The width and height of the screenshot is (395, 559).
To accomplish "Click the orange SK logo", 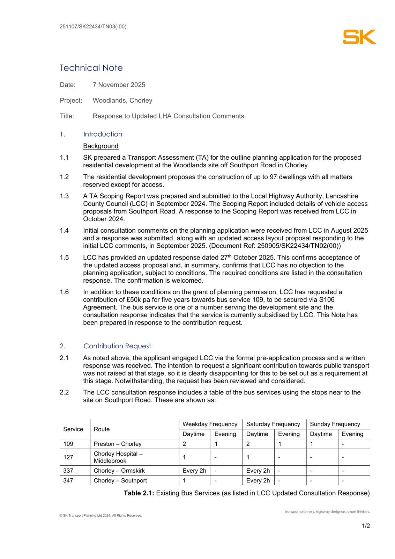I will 359,37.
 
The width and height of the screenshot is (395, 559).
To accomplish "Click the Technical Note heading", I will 91,68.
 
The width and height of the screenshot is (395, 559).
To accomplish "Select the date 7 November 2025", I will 119,85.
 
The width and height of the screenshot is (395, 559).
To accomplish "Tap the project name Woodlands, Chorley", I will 122,101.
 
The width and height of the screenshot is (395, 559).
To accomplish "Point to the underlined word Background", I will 100,146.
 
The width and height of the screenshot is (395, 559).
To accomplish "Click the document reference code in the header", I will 93,27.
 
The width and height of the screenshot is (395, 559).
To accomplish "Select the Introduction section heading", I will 103,134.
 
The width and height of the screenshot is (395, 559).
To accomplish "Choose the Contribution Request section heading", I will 117,346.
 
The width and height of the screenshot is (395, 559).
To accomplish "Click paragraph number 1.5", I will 64,258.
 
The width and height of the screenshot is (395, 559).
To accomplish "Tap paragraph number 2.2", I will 64,392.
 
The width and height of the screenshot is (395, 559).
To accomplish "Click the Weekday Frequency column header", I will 210,424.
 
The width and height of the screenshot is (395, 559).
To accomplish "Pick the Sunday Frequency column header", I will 335,424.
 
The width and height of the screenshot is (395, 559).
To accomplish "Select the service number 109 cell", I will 68,444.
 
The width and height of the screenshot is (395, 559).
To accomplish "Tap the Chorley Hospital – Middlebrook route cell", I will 118,457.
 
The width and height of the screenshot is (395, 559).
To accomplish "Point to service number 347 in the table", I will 68,481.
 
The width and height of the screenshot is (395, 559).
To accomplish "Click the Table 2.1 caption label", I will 139,493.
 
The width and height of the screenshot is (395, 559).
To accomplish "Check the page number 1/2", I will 366,526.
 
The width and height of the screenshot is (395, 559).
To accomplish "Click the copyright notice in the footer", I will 100,516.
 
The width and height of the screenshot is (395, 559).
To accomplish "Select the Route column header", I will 102,429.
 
